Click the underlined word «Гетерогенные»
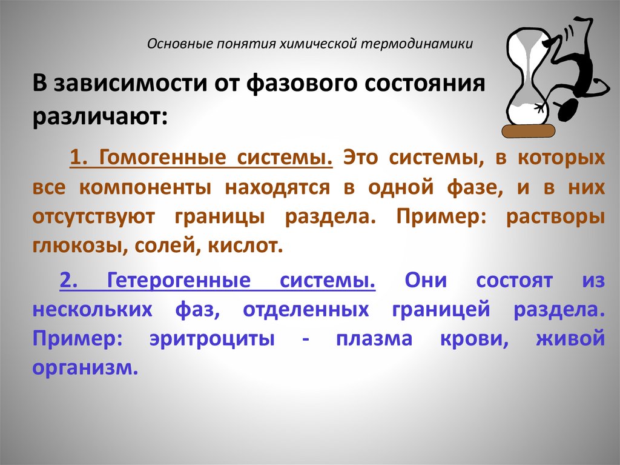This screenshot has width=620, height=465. pos(179,281)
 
